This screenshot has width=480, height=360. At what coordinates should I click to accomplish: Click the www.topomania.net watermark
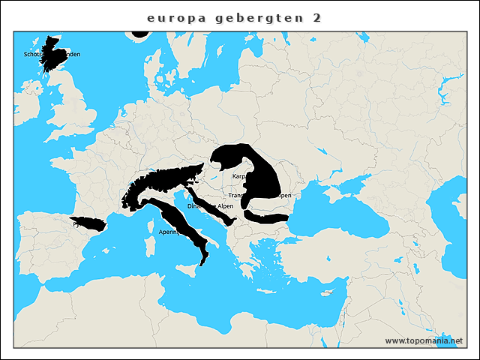[x=424, y=340]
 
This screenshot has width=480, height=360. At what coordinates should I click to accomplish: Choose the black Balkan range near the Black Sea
[x=266, y=217]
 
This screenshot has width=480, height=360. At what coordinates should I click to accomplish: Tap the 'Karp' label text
[x=239, y=176]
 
